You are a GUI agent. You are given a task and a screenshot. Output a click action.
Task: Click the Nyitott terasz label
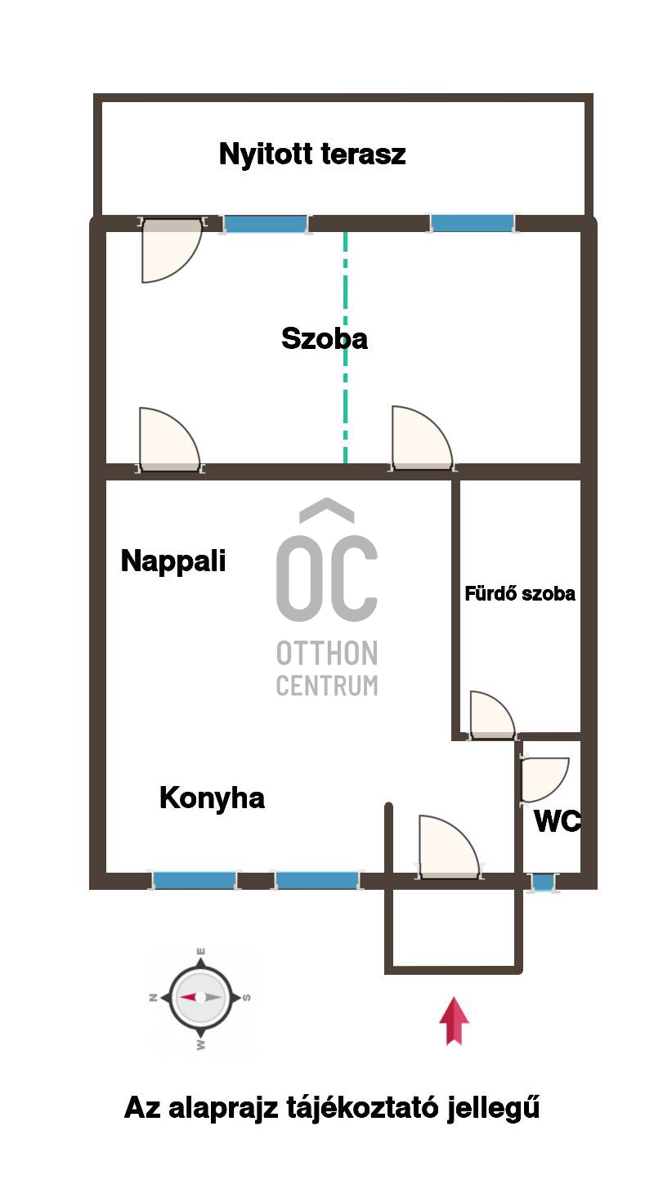click(312, 154)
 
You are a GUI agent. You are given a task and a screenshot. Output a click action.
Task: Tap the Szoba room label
click(325, 339)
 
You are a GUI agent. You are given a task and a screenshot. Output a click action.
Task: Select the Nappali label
click(173, 561)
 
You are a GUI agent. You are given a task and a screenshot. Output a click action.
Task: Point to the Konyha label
click(212, 798)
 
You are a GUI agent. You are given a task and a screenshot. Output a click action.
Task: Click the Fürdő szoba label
click(520, 593)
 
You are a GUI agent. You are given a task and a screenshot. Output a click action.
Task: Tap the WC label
click(557, 820)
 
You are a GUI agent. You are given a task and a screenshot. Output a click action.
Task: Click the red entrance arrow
click(455, 1021)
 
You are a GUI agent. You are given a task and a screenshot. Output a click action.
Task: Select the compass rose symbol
click(200, 998)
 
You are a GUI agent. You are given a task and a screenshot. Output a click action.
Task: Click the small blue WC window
click(543, 882)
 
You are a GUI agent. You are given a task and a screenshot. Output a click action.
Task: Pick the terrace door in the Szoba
click(172, 249)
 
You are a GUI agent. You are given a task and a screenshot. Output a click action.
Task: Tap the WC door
click(544, 780)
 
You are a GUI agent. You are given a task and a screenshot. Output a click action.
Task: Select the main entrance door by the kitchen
click(450, 847)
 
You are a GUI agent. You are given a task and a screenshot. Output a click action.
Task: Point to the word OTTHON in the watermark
click(327, 653)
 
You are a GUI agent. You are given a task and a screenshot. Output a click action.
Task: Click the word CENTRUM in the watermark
click(327, 685)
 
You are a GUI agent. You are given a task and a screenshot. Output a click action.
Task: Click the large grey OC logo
click(327, 561)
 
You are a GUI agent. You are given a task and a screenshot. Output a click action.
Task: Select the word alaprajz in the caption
click(223, 1109)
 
